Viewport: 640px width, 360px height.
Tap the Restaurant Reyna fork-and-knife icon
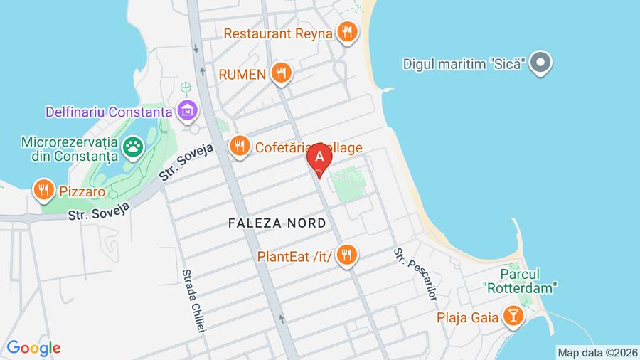[x=347, y=32]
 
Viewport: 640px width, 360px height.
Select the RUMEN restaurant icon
[x=283, y=73]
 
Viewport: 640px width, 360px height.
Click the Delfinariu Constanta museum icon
[x=188, y=111]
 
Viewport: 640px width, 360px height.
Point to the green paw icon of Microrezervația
[x=133, y=148]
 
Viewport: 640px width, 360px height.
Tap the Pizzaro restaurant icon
[x=44, y=190]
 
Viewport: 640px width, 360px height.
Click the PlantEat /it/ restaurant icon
[x=347, y=255]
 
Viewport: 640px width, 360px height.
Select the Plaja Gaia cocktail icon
[x=512, y=315]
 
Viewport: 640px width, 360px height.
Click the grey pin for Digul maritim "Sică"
[x=540, y=63]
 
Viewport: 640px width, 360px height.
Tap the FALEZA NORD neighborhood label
[x=277, y=223]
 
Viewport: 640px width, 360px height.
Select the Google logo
[x=33, y=348]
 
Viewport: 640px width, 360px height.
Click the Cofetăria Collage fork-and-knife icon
[x=239, y=147]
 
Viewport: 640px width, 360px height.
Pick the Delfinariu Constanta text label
[x=109, y=112]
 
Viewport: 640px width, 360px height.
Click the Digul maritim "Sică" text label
[x=464, y=63]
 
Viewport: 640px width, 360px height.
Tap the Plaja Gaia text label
[x=467, y=316]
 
